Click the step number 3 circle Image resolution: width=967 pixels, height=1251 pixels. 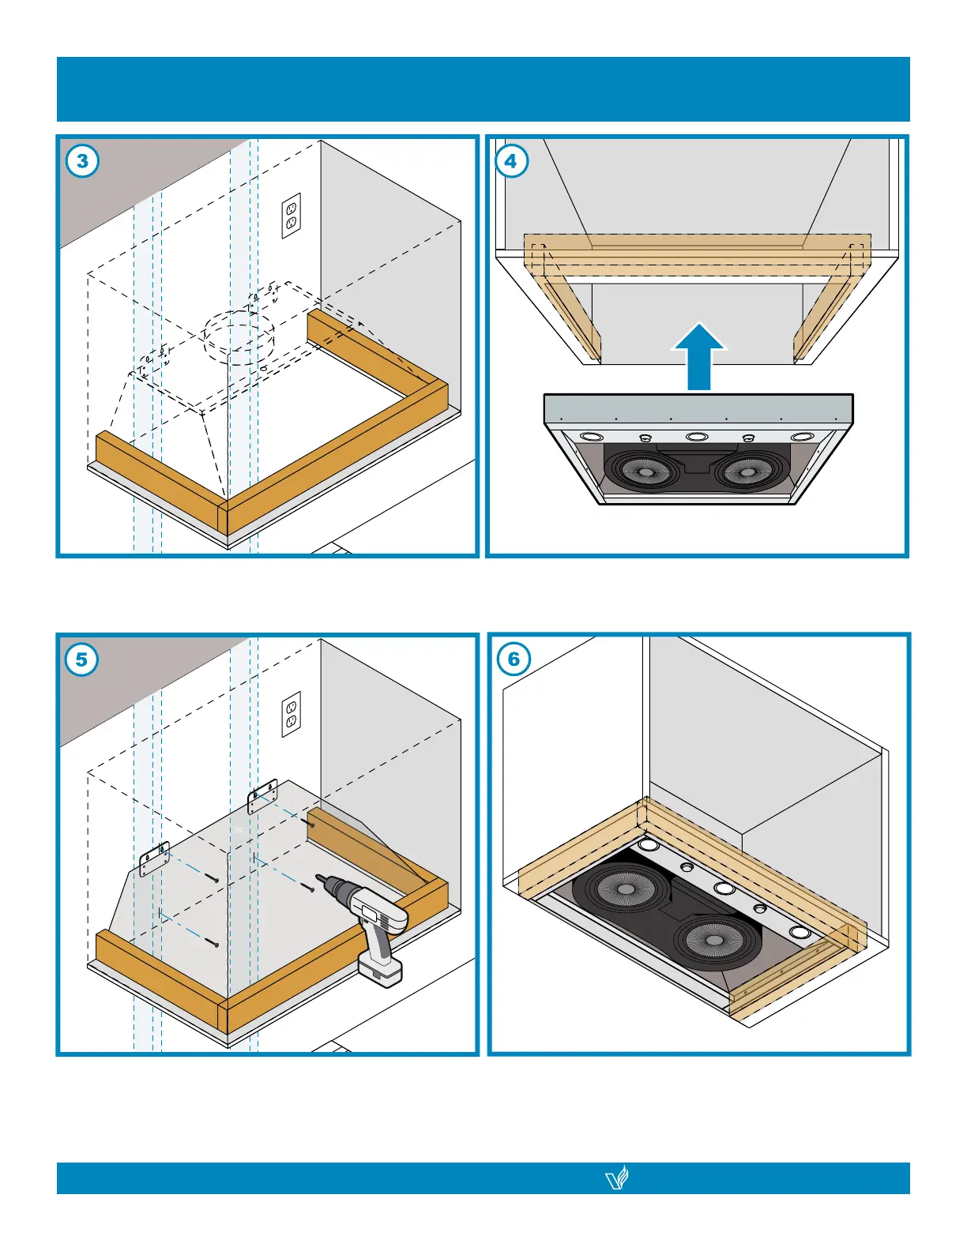(83, 162)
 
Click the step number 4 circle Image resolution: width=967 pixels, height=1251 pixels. (511, 162)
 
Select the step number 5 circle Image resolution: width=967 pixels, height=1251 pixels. (82, 659)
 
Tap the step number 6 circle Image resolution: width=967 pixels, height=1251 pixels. (514, 659)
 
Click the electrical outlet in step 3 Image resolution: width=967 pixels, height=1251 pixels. (292, 216)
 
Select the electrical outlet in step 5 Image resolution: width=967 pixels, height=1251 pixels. (292, 714)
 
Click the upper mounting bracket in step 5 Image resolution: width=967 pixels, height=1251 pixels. (263, 796)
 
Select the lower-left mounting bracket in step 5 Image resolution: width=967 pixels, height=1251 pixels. (155, 858)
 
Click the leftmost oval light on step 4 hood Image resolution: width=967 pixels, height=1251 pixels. (590, 436)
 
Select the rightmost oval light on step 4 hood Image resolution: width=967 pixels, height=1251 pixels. (801, 437)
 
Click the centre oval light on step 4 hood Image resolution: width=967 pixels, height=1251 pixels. (696, 436)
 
